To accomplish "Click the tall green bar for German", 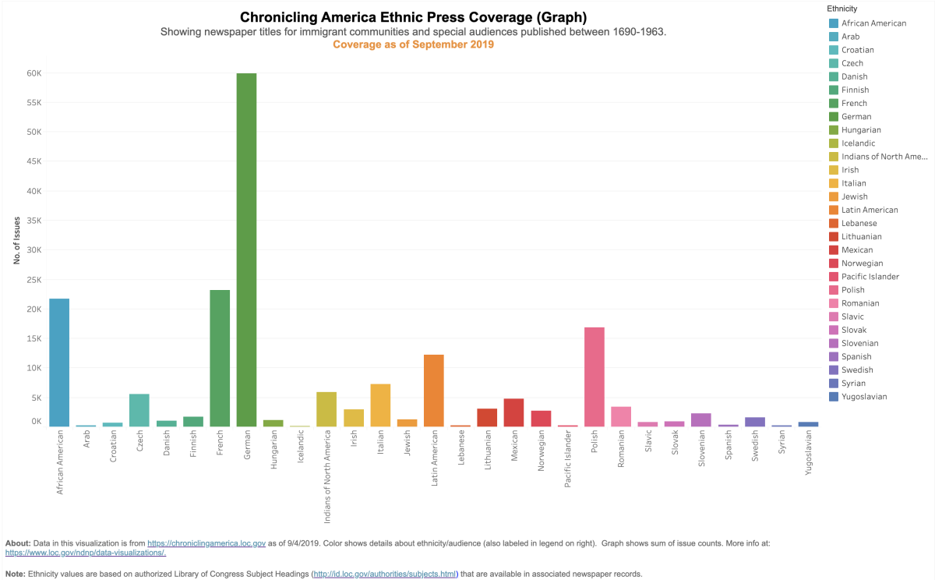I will click(246, 249).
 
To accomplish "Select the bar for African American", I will click(59, 362).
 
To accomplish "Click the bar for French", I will click(220, 358).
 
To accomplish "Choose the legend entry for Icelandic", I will click(858, 143).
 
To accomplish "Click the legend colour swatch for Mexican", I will click(834, 250).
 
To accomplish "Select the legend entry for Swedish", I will click(857, 370).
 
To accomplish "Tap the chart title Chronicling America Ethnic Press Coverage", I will click(413, 17).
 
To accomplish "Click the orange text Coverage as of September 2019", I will click(413, 44).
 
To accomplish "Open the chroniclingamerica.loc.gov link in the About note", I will click(206, 542).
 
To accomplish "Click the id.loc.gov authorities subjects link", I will click(384, 574).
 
